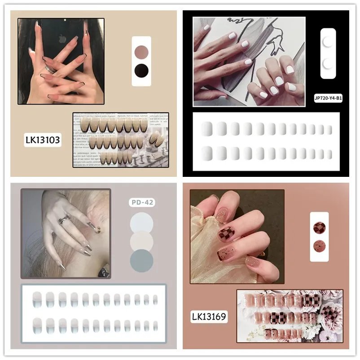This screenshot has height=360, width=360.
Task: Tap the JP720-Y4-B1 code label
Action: pos(328,98)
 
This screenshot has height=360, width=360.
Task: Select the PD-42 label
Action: pos(142,202)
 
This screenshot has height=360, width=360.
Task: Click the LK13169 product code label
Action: pos(209,317)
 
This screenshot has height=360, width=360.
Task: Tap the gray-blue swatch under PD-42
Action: pos(141,260)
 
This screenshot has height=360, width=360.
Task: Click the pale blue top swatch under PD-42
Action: pos(141,222)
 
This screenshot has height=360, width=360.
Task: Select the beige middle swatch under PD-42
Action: pos(141,241)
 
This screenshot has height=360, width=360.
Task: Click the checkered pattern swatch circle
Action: pos(319,228)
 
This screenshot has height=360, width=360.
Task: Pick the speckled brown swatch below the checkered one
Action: pos(319,246)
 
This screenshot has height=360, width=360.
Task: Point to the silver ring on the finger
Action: pos(64,220)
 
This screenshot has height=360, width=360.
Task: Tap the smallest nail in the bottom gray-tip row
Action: pos(155,325)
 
